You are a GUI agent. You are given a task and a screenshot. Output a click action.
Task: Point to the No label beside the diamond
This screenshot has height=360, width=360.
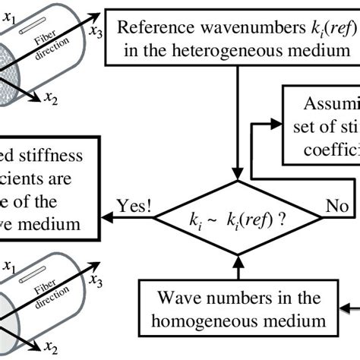(x=336, y=207)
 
